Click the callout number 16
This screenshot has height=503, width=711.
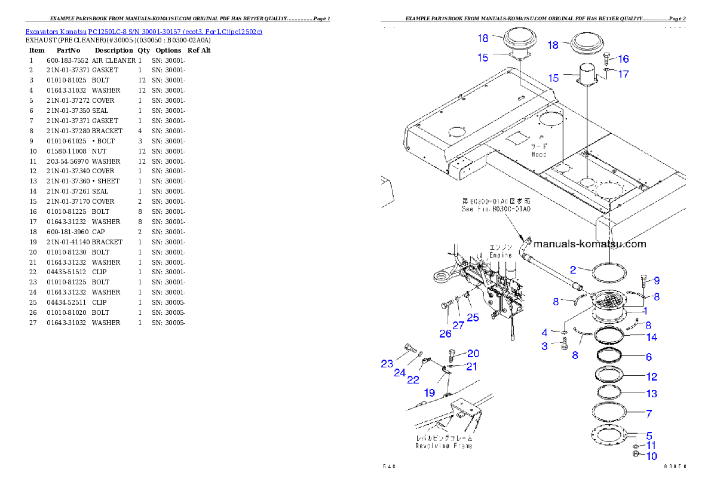tap(623, 59)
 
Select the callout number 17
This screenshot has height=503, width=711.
tap(623, 74)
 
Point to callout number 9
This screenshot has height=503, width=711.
tap(656, 280)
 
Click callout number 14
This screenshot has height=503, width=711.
tap(651, 338)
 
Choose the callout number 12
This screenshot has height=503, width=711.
tap(651, 376)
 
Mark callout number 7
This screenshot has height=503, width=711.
tap(648, 413)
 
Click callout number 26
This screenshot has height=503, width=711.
tap(445, 333)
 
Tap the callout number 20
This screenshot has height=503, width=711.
tap(473, 353)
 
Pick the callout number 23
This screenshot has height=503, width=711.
tap(387, 363)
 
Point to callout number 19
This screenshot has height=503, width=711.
tap(430, 392)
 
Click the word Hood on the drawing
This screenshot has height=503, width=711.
tap(538, 154)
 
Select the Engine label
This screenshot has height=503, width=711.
tap(501, 255)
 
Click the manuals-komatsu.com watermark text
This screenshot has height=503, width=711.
tap(589, 244)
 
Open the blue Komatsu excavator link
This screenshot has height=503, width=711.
tap(143, 31)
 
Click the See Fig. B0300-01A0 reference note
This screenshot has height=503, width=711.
tap(496, 209)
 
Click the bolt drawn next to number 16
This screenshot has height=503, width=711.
tap(605, 59)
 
